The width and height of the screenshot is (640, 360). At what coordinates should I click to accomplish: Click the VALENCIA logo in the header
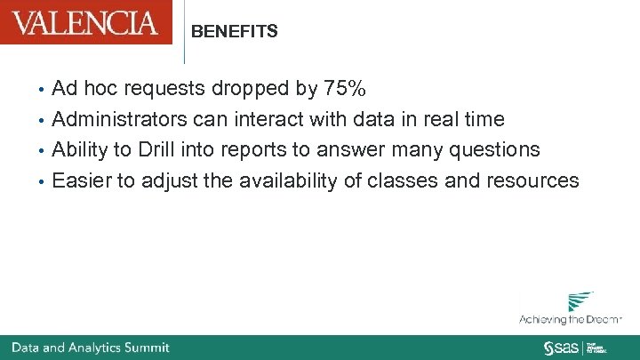85,22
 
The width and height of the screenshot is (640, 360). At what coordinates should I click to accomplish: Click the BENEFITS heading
235,32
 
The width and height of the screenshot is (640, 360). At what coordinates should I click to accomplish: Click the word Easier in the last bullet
81,180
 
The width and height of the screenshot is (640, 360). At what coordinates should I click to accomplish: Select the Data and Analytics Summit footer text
90,348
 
